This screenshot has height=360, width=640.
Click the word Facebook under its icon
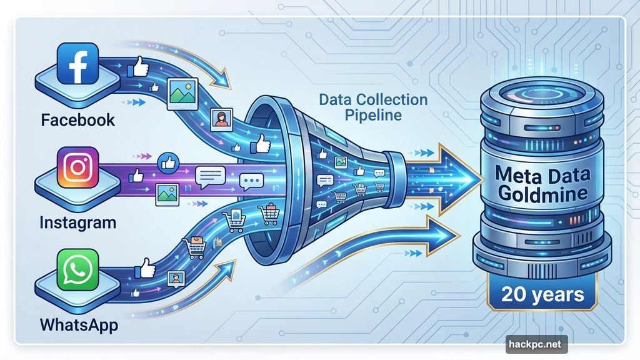pos(78,119)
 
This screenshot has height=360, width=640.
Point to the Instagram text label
pos(77,222)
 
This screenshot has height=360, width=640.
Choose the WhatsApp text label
pos(79,325)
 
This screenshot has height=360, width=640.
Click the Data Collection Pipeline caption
pos(372,107)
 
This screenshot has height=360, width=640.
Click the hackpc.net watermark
pos(536,344)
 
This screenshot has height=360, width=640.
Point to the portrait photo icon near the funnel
pos(222,118)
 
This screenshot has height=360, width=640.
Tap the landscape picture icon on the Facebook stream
pos(182,91)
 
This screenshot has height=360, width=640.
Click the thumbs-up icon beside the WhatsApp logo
pos(146,269)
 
